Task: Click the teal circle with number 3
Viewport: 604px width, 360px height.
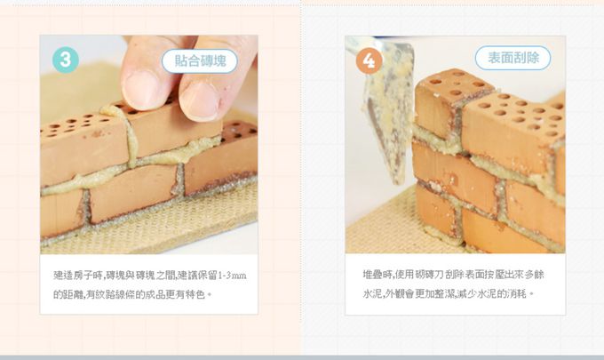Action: coord(66,60)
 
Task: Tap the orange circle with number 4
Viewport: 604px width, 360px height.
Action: coord(369,60)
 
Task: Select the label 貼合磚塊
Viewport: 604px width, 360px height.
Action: coord(200,60)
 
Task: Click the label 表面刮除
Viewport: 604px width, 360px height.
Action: coord(513,58)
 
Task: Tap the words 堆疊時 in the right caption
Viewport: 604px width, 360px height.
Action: coord(377,276)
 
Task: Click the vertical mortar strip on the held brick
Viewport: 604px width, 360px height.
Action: coord(130,142)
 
